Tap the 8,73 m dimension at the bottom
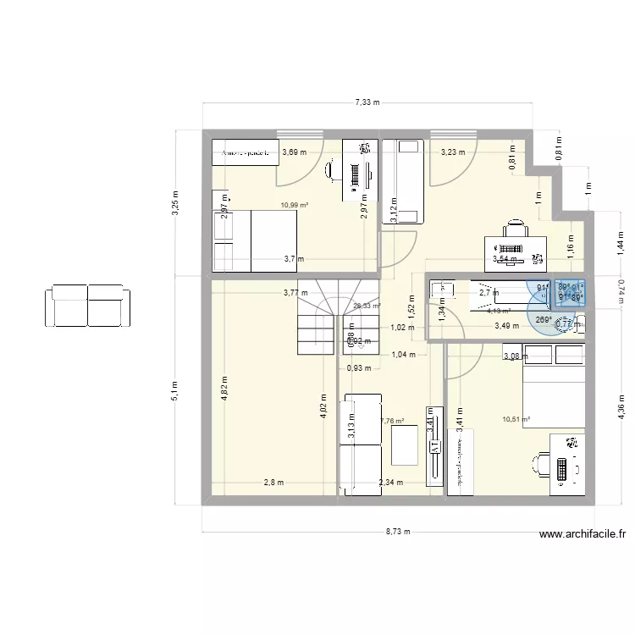[398, 532]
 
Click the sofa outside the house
[88, 305]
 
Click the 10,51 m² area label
[516, 418]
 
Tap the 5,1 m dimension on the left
[175, 389]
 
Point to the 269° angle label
[543, 319]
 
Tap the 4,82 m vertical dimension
[225, 392]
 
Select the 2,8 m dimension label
[273, 483]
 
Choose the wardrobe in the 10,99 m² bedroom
[245, 153]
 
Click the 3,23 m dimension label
[453, 152]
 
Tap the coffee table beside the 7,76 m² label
[404, 444]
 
